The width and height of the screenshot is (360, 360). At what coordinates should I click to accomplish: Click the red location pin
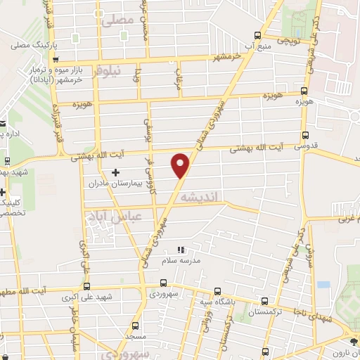pyautogui.click(x=181, y=165)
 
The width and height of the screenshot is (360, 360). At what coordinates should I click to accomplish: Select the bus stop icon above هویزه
pyautogui.click(x=304, y=91)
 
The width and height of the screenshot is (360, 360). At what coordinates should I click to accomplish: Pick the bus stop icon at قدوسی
pyautogui.click(x=304, y=135)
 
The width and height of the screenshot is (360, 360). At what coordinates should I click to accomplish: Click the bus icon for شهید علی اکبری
pyautogui.click(x=86, y=285)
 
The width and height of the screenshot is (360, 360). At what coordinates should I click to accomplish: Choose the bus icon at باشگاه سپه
pyautogui.click(x=217, y=291)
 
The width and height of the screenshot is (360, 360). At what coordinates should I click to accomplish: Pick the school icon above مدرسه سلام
pyautogui.click(x=181, y=249)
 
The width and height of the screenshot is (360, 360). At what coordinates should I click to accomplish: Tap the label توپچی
pyautogui.click(x=291, y=41)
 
